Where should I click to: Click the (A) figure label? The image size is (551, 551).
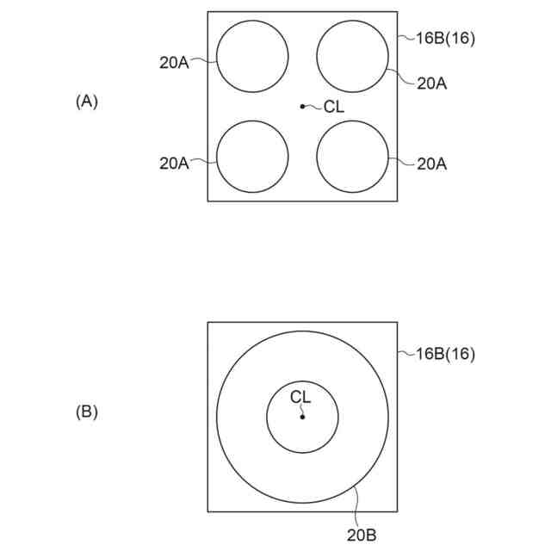click(87, 102)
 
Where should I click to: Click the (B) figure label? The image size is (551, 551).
click(87, 412)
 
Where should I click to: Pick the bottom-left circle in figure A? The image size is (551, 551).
click(252, 157)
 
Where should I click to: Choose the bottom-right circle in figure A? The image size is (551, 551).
click(352, 157)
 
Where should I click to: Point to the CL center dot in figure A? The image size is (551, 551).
click(302, 107)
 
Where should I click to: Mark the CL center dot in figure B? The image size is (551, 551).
click(302, 417)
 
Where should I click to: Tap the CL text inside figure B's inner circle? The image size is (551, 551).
click(300, 397)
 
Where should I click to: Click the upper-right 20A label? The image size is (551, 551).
click(431, 83)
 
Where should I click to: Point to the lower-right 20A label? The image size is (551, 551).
click(431, 162)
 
